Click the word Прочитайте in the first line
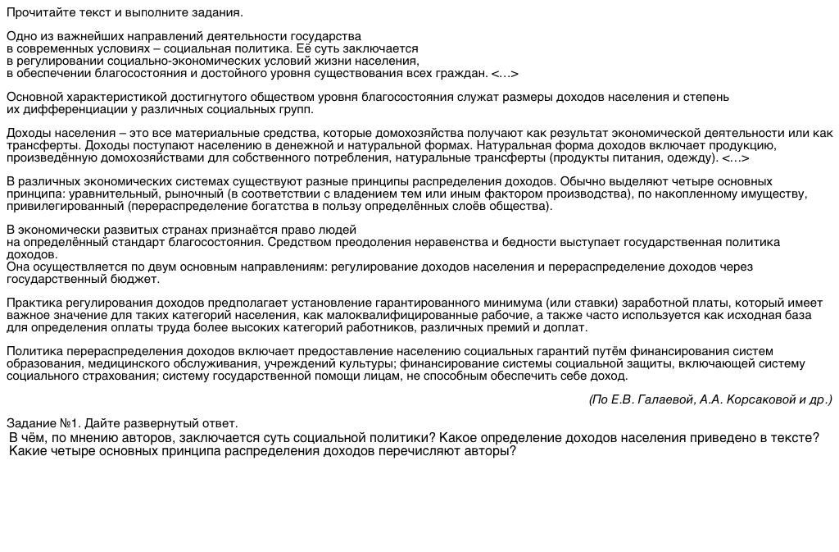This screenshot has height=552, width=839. pyautogui.click(x=39, y=13)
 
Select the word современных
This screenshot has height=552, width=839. pyautogui.click(x=63, y=49)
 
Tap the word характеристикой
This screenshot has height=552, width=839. pyautogui.click(x=121, y=97)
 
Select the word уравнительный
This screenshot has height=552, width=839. pyautogui.click(x=106, y=194)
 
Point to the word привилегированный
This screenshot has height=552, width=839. pyautogui.click(x=65, y=206)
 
